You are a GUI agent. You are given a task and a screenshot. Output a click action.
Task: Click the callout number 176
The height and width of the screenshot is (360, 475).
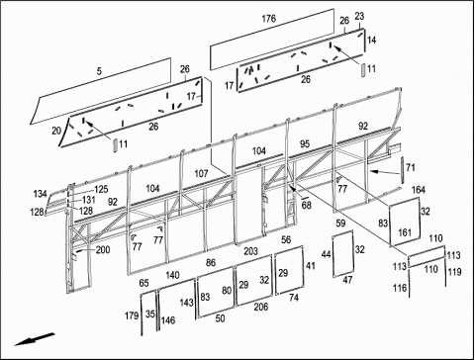click(268, 19)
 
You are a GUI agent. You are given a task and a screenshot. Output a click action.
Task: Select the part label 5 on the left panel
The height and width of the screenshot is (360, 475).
click(99, 71)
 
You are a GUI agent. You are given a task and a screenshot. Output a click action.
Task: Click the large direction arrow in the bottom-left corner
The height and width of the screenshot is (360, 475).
click(35, 339)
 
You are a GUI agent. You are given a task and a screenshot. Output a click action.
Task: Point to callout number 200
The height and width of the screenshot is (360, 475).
click(103, 250)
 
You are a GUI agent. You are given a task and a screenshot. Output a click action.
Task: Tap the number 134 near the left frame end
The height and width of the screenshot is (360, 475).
click(41, 194)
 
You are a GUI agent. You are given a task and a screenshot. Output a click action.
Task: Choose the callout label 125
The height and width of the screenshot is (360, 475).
click(101, 189)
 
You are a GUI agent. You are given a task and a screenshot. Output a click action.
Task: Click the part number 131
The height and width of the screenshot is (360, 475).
click(89, 200)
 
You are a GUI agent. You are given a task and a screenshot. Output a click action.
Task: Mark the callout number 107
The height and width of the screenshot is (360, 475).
click(201, 173)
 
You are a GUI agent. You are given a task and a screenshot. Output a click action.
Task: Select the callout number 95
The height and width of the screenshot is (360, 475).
click(305, 144)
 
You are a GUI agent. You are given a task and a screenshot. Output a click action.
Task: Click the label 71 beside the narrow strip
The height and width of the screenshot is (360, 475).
click(410, 168)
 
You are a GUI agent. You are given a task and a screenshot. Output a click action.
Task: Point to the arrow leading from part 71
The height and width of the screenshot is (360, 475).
click(384, 172)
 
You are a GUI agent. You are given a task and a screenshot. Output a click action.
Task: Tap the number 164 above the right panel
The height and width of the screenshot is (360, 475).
click(419, 190)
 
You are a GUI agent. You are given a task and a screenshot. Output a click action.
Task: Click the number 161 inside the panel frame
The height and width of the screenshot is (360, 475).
click(405, 232)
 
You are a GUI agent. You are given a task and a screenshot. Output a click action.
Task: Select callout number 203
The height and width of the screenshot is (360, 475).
click(250, 251)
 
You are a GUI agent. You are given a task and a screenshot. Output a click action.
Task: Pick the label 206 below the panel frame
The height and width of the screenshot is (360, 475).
click(261, 307)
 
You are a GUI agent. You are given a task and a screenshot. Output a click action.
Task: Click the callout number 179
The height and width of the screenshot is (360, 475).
click(132, 315)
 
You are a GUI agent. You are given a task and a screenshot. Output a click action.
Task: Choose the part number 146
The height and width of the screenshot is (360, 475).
click(168, 320)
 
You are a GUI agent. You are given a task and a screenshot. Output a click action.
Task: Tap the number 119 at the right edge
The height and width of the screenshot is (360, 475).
click(454, 272)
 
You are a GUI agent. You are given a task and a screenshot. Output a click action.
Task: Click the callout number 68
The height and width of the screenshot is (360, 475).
click(307, 205)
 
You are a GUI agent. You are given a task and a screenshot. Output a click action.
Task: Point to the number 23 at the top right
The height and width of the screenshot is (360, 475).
click(359, 16)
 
